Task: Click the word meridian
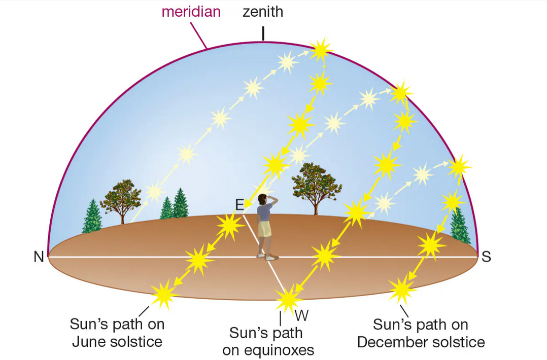(191, 12)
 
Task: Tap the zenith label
(262, 12)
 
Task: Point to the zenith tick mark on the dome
(263, 33)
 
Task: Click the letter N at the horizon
(39, 257)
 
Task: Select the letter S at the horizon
(486, 257)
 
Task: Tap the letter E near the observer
(240, 204)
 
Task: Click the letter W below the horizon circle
(301, 315)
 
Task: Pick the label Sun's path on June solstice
(117, 333)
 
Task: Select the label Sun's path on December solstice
(421, 333)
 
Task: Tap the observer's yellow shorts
(264, 229)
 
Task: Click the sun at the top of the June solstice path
(321, 49)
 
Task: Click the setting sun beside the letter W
(287, 299)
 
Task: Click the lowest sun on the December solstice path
(402, 290)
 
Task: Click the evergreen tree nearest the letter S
(460, 225)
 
